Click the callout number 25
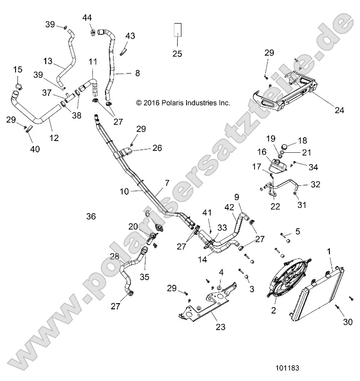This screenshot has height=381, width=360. (177, 54)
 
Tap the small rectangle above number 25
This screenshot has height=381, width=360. (177, 30)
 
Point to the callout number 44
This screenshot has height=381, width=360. (87, 17)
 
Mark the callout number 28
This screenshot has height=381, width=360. (114, 256)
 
